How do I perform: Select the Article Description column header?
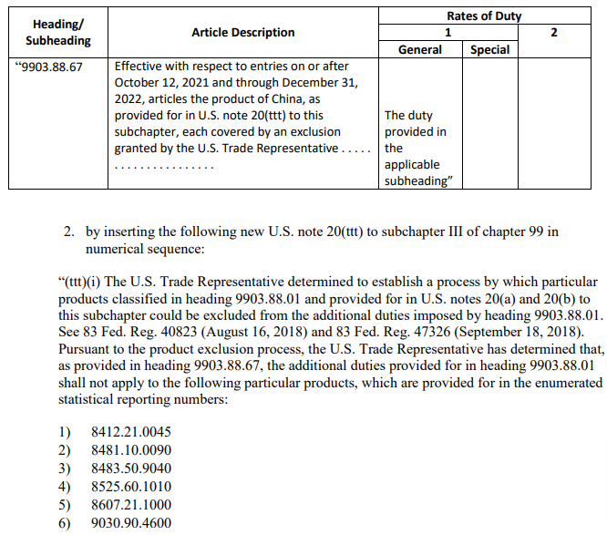coord(242,32)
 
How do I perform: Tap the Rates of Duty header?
coord(484,15)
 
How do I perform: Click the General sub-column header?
coord(420,49)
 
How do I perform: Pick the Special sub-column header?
coord(489,49)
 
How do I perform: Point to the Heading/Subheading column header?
coord(57,32)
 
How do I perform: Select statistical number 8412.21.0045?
coord(132,433)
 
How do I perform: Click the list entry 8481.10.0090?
coord(132,450)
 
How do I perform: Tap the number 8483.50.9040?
coord(132,468)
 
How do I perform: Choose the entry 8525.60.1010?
coord(132,487)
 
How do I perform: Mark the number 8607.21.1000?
coord(132,505)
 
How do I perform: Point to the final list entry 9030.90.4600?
coord(132,523)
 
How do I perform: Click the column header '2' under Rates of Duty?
coord(555,32)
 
